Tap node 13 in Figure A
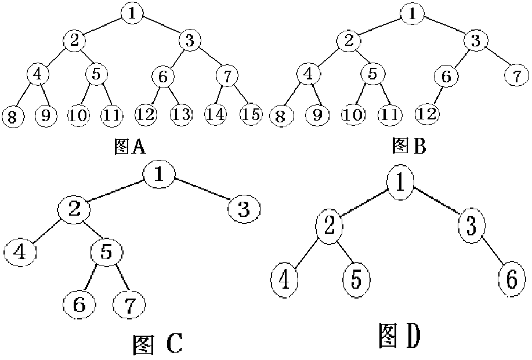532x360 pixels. pyautogui.click(x=181, y=114)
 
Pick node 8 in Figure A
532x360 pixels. pyautogui.click(x=11, y=116)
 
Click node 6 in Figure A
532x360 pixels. pyautogui.click(x=163, y=76)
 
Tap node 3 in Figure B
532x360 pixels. pyautogui.click(x=475, y=41)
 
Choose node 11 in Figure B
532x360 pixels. pyautogui.click(x=390, y=114)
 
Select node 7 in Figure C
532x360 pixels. pyautogui.click(x=129, y=303)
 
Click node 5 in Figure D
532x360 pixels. pyautogui.click(x=356, y=280)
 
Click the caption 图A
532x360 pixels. pyautogui.click(x=129, y=147)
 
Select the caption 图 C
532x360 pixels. pyautogui.click(x=157, y=344)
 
